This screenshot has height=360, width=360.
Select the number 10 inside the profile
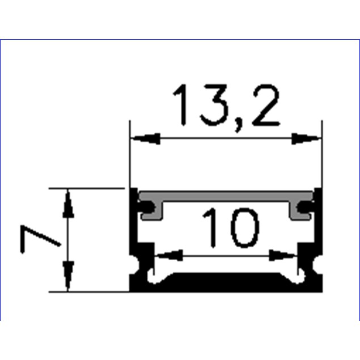pyautogui.click(x=231, y=228)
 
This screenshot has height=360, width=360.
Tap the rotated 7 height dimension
pyautogui.click(x=40, y=239)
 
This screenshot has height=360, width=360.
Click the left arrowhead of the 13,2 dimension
pyautogui.click(x=146, y=138)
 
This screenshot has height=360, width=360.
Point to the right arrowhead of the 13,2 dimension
pyautogui.click(x=306, y=138)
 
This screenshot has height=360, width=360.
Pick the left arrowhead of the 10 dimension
pyautogui.click(x=169, y=255)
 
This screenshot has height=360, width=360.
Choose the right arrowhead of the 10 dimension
pyautogui.click(x=283, y=255)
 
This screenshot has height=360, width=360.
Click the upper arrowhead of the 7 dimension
pyautogui.click(x=68, y=204)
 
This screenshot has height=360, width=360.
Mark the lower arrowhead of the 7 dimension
pyautogui.click(x=68, y=276)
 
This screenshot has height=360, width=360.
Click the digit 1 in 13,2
pyautogui.click(x=180, y=105)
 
